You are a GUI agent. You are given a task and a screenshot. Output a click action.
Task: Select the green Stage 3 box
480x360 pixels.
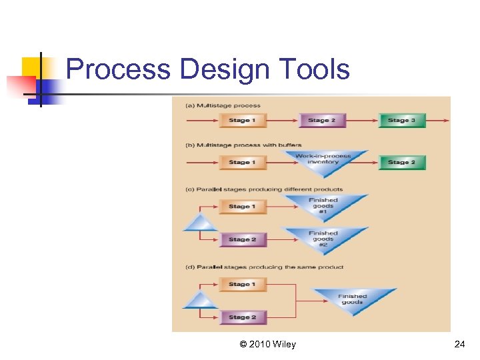click(x=402, y=121)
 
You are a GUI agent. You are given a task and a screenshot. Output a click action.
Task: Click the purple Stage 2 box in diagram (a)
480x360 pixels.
click(x=322, y=121)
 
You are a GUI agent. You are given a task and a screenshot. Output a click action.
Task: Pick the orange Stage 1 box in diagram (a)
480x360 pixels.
click(x=242, y=121)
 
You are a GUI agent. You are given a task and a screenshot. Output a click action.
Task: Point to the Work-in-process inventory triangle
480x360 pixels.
click(x=323, y=160)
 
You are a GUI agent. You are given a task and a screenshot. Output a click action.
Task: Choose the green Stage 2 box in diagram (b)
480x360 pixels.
click(x=402, y=162)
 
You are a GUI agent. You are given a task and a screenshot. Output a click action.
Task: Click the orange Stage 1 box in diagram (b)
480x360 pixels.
click(x=242, y=162)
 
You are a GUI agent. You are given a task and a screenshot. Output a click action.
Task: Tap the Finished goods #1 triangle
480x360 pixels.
click(x=323, y=204)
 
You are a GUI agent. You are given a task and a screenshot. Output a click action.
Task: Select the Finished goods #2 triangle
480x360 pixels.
click(x=323, y=238)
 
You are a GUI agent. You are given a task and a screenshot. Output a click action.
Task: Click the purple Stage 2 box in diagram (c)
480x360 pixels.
click(x=242, y=239)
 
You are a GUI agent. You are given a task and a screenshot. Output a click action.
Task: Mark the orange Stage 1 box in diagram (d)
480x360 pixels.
click(x=242, y=285)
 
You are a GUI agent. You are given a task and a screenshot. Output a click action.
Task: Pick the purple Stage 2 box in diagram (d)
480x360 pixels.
click(x=242, y=317)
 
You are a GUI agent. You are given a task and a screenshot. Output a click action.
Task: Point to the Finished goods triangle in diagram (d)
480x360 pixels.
click(x=353, y=298)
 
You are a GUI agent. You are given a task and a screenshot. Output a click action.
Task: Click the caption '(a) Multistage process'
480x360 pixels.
click(x=223, y=105)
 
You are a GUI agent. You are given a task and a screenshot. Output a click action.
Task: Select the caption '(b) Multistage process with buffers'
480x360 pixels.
click(x=243, y=145)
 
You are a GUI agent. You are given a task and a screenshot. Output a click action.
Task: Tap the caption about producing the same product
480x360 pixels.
click(x=265, y=267)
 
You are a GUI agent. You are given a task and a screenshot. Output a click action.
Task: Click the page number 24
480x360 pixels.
click(x=459, y=345)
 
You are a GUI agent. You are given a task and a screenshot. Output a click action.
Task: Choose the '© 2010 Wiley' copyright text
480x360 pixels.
click(x=267, y=345)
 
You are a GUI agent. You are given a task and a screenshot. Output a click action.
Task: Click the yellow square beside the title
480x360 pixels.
click(x=31, y=67)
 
